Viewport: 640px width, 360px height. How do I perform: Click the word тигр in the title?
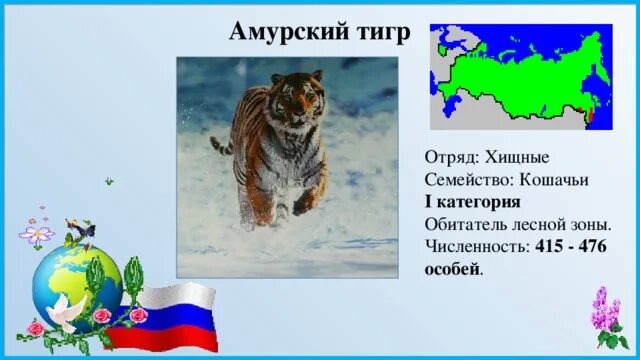pos(377,32)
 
